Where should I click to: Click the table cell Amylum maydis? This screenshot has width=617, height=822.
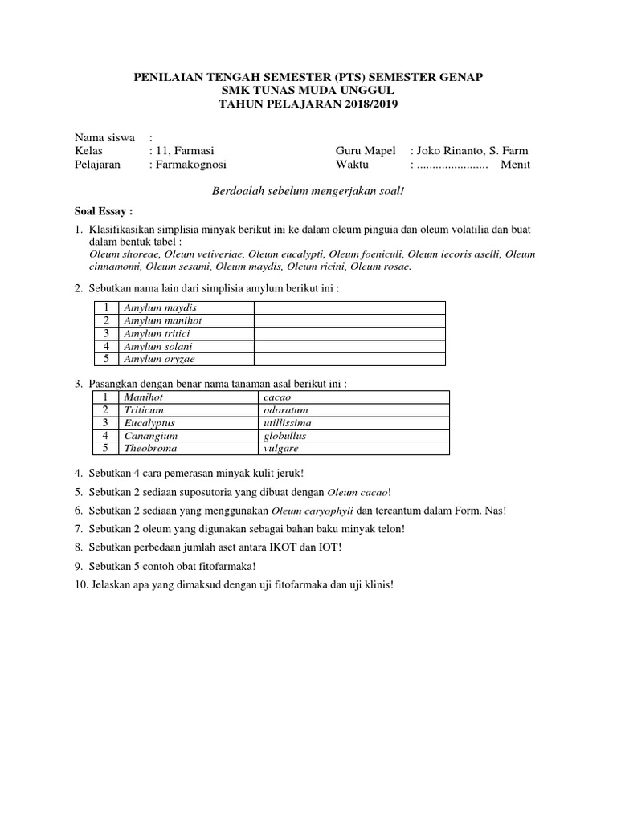(x=160, y=307)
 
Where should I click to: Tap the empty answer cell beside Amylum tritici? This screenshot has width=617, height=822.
(x=349, y=333)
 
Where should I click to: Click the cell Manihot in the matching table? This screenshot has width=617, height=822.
(x=144, y=397)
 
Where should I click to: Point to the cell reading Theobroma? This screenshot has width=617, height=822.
(x=150, y=449)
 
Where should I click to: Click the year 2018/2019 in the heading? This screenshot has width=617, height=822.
(x=363, y=104)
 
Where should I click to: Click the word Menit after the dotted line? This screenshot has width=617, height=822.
(x=515, y=165)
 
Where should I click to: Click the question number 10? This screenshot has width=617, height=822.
(x=80, y=585)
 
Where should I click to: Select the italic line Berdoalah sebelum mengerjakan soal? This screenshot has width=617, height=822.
(x=308, y=189)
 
